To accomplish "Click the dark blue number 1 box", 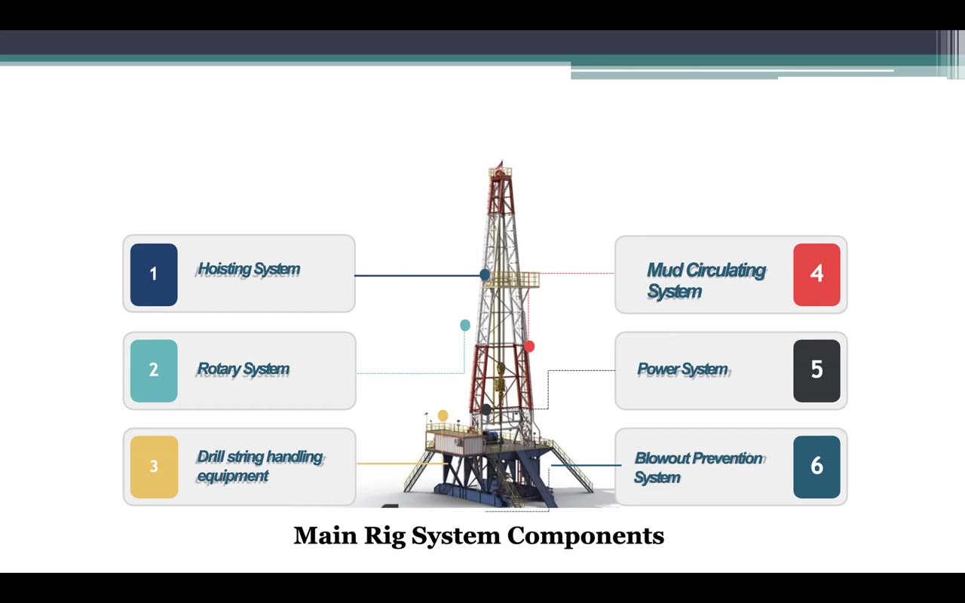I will coord(154,274).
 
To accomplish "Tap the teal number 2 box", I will coord(154,370).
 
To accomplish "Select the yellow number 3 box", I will coord(154,467).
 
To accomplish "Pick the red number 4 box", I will coord(816,274).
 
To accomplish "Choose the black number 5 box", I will coord(816,370).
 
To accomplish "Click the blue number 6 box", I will coord(816,467).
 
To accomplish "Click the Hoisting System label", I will coord(249,269).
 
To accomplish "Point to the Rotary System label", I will coord(243,369).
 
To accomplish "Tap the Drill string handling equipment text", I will coord(259,466).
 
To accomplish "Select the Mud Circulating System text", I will coord(705,280).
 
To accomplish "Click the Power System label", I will coord(682,369).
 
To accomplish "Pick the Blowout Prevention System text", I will coord(698,467).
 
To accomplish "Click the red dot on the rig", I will coord(529,346).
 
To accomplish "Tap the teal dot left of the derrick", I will coord(465,325).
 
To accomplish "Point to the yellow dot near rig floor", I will coord(443,415).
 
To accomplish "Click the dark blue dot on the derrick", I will coord(485,275).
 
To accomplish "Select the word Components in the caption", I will coord(585,536).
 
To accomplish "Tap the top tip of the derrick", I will coord(500,162).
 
